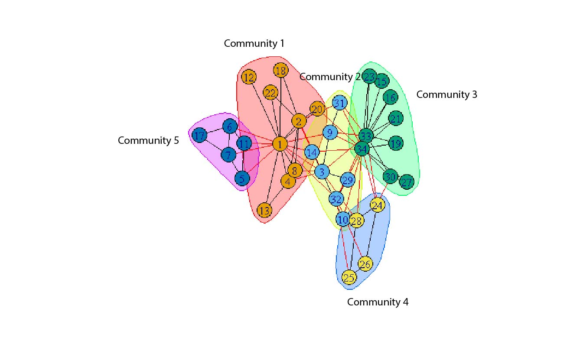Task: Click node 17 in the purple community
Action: (x=199, y=136)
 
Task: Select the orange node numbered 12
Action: (x=249, y=78)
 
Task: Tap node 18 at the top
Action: (x=281, y=70)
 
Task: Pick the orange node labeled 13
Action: (x=264, y=211)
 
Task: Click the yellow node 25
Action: (x=349, y=277)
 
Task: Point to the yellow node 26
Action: (x=366, y=264)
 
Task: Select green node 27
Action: (x=406, y=182)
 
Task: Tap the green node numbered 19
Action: (x=395, y=143)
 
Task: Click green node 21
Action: (x=395, y=118)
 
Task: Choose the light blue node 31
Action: (x=340, y=103)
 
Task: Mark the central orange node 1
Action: (x=280, y=144)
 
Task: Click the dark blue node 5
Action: (x=242, y=178)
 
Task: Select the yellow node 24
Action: (x=378, y=205)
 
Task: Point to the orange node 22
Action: (x=270, y=93)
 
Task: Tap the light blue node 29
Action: (x=347, y=180)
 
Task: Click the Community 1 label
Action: (x=254, y=43)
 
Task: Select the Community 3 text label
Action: (x=446, y=94)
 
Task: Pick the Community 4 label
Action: (x=378, y=302)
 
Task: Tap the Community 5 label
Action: (x=148, y=140)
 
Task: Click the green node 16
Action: (x=390, y=97)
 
